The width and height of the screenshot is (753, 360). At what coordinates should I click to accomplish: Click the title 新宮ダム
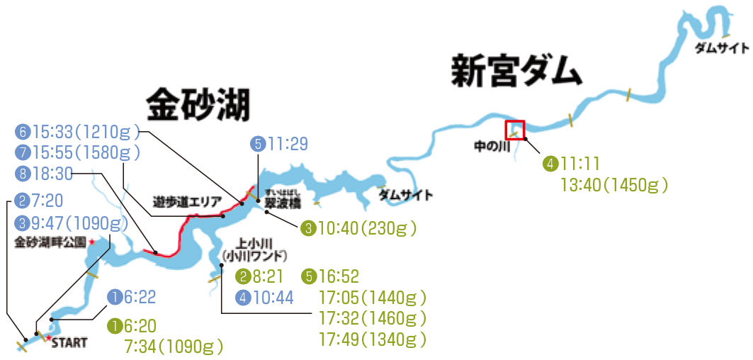point(516,72)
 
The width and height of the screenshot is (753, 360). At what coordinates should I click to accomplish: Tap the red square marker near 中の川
point(514,130)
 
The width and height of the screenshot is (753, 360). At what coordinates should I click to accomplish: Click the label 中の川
point(492,148)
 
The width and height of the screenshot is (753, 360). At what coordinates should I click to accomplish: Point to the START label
point(69,344)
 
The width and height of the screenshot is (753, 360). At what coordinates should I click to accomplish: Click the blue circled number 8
point(23,172)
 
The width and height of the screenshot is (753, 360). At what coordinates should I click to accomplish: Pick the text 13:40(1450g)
point(615,186)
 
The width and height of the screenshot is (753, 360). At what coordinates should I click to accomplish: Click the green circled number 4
point(550,164)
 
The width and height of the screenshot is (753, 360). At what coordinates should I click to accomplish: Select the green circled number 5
point(309,275)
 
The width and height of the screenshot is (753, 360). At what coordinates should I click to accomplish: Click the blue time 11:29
point(288,145)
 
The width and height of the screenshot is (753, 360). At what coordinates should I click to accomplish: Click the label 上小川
point(254,242)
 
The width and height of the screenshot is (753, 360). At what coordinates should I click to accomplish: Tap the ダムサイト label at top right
point(721,48)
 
